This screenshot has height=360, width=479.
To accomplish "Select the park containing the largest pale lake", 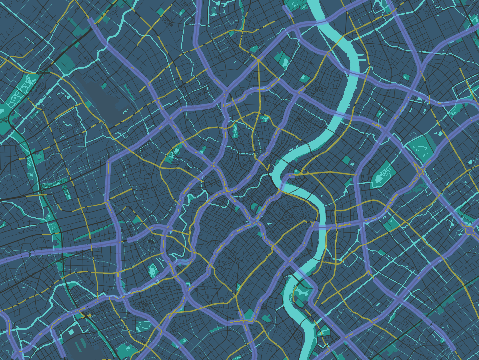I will tap(382, 176).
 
